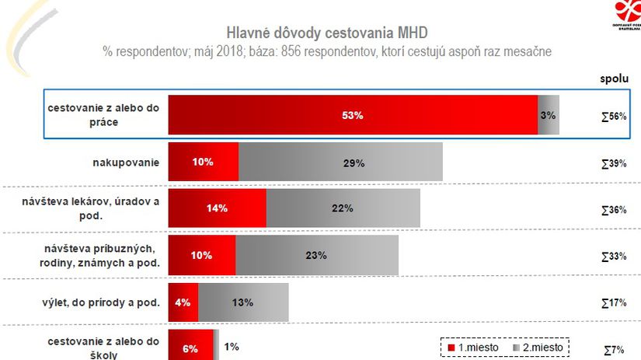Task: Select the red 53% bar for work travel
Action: pos(353,115)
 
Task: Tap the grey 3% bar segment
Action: pos(549,115)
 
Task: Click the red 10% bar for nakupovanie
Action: pos(204,162)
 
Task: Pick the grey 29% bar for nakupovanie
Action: pos(340,162)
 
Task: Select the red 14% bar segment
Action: pos(217,208)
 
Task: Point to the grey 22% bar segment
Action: pos(343,208)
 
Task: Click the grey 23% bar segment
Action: pos(316,254)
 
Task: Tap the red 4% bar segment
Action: pos(183,302)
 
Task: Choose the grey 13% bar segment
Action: pos(243,302)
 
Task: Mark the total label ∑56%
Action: pos(614,116)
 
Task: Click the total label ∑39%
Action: pos(614,163)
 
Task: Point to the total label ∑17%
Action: pos(614,302)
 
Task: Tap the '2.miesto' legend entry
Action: pos(538,346)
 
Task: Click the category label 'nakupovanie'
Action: pos(125,162)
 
